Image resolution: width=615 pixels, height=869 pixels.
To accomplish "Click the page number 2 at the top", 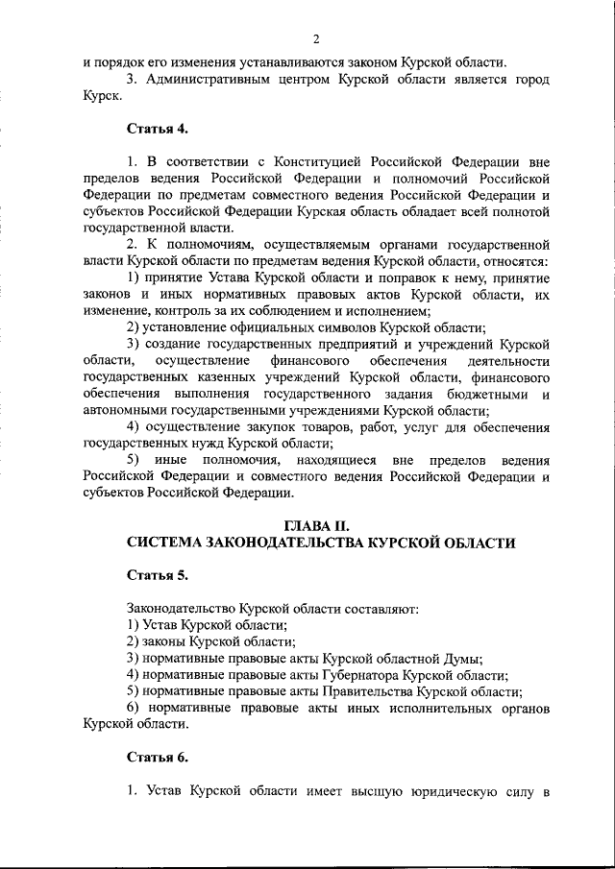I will click(x=314, y=38).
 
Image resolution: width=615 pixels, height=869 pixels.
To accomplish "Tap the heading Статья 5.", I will click(x=158, y=575).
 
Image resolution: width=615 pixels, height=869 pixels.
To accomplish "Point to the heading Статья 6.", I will click(x=158, y=758).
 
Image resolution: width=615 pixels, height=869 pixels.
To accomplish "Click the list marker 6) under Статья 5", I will click(x=136, y=708).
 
